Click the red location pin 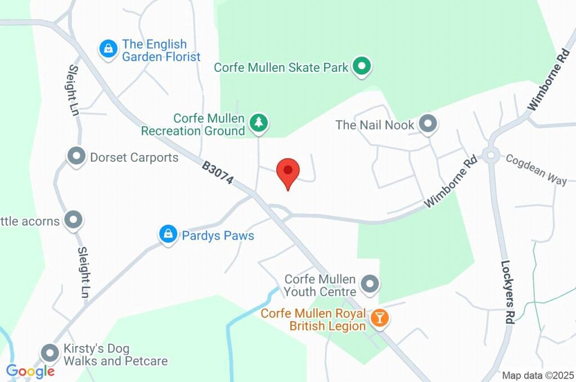pyautogui.click(x=289, y=171)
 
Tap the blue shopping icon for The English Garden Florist pyautogui.click(x=107, y=49)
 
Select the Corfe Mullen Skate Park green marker pyautogui.click(x=362, y=67)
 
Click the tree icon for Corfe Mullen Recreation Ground pyautogui.click(x=259, y=123)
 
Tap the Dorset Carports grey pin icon pyautogui.click(x=75, y=156)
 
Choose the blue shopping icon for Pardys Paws pyautogui.click(x=168, y=235)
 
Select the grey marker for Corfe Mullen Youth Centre pyautogui.click(x=370, y=285)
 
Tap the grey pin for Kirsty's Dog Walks pyautogui.click(x=51, y=353)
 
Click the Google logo pyautogui.click(x=30, y=371)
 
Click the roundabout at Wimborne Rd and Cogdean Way pyautogui.click(x=491, y=154)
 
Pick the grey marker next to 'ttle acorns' pyautogui.click(x=73, y=221)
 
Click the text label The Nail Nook pyautogui.click(x=375, y=125)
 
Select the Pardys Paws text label pyautogui.click(x=218, y=235)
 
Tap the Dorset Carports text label pyautogui.click(x=134, y=157)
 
